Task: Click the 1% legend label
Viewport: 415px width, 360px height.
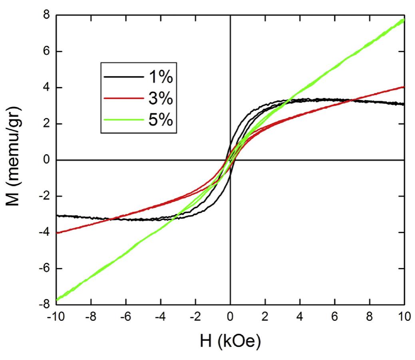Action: pos(159,77)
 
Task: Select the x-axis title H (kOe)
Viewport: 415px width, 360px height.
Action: pos(230,342)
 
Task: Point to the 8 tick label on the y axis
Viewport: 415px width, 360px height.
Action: pos(47,16)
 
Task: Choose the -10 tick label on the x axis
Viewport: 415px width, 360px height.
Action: pos(56,317)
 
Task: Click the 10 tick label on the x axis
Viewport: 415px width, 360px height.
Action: pos(404,317)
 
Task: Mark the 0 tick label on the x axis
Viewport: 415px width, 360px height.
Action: pos(230,317)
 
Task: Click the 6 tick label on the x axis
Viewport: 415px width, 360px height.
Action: pos(335,317)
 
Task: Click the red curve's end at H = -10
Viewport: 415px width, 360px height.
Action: pos(57,233)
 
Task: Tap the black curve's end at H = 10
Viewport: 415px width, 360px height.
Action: pos(404,104)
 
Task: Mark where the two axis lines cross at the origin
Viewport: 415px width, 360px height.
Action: pos(230,160)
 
